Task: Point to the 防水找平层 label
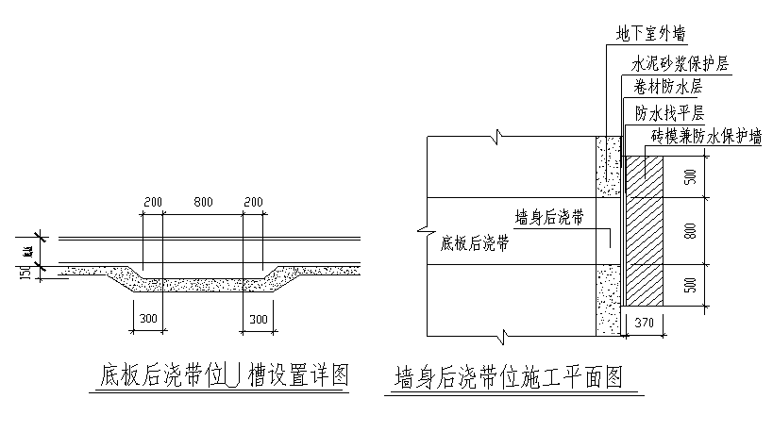pos(670,113)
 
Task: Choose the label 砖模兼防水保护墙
pos(706,137)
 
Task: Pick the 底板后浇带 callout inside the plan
pos(475,243)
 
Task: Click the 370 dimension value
pos(644,323)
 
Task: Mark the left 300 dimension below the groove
pos(147,320)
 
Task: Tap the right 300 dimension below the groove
pos(258,320)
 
